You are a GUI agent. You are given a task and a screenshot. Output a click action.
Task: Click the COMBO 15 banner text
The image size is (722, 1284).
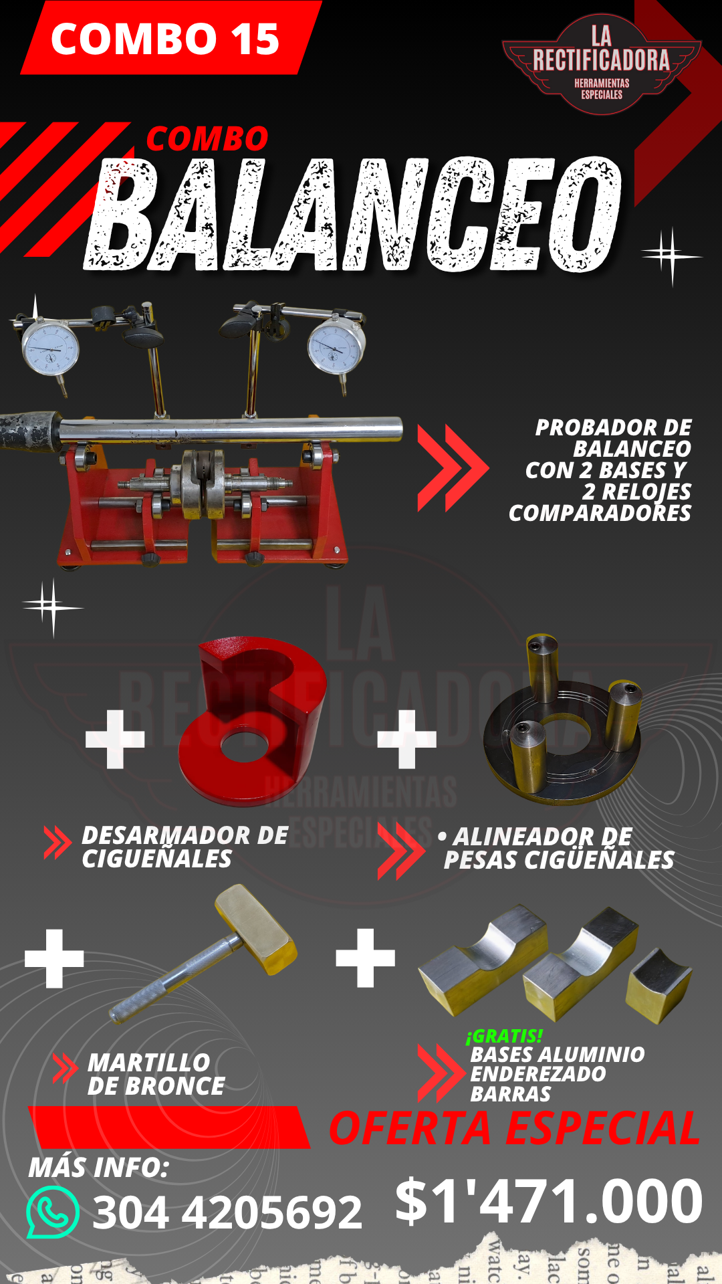coord(165,39)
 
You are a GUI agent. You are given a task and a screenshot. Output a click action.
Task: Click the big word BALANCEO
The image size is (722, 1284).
coord(354,214)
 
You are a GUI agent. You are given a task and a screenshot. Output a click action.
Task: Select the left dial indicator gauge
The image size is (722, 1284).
coord(51,348)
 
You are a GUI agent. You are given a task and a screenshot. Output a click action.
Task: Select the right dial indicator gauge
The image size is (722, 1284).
coord(336,346)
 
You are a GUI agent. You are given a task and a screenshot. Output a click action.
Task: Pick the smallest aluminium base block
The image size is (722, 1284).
coord(659,986)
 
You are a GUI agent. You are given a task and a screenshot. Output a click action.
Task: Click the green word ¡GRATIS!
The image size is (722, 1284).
coord(504,1036)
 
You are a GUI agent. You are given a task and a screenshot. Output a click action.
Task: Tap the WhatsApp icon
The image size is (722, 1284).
coord(53,1212)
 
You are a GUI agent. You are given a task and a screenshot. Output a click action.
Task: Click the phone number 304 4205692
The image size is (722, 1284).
coord(227,1212)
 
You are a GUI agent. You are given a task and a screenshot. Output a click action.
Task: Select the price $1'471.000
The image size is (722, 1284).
coord(549,1201)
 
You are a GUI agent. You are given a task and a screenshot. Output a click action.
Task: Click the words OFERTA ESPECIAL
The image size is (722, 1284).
coord(515,1128)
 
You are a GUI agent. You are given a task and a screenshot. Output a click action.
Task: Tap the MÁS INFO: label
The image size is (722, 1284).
coord(98,1168)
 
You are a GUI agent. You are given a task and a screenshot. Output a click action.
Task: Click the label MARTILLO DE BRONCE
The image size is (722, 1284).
coord(156,1075)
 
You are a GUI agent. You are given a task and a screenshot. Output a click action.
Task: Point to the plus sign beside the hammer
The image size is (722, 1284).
coord(54,958)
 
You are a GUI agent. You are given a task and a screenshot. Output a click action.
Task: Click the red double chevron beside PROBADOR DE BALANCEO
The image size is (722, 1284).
coord(453,467)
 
